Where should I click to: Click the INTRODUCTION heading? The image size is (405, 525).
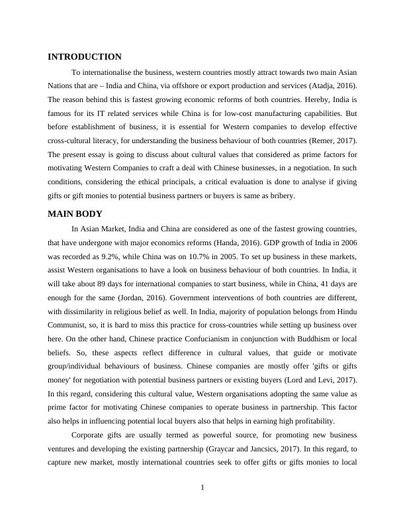(x=85, y=57)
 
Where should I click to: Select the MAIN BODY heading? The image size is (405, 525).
(x=75, y=213)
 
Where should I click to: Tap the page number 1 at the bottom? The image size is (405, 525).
(x=202, y=489)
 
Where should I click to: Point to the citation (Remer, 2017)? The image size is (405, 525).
(x=333, y=141)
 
